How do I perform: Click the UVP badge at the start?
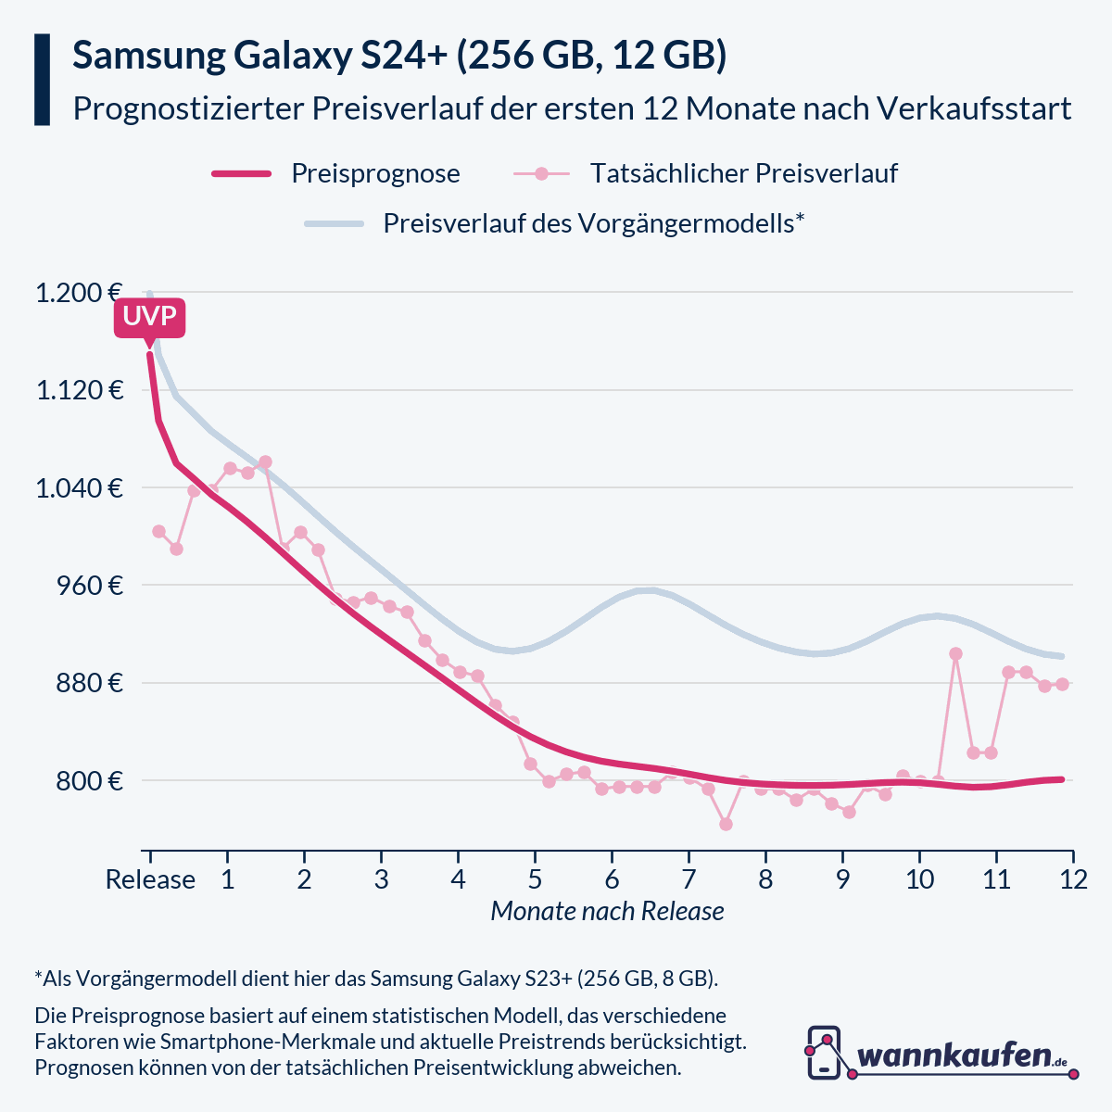pyautogui.click(x=149, y=318)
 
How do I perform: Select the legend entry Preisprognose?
pyautogui.click(x=374, y=173)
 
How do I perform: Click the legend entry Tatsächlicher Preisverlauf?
pyautogui.click(x=743, y=173)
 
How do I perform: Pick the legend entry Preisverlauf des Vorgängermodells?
pyautogui.click(x=592, y=223)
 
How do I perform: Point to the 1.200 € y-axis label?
pyautogui.click(x=80, y=293)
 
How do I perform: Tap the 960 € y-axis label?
pyautogui.click(x=90, y=586)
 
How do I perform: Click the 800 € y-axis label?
pyautogui.click(x=90, y=781)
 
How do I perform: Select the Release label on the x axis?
pyautogui.click(x=150, y=878)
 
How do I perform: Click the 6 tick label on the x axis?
pyautogui.click(x=612, y=878)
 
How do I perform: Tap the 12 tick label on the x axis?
pyautogui.click(x=1073, y=878)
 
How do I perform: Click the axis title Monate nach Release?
pyautogui.click(x=607, y=911)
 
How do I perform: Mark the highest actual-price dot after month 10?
pyautogui.click(x=955, y=654)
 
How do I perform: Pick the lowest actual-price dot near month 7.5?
pyautogui.click(x=726, y=824)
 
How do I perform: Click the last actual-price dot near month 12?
pyautogui.click(x=1062, y=684)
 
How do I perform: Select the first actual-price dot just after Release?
pyautogui.click(x=158, y=531)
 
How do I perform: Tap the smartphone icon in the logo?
pyautogui.click(x=824, y=1053)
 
